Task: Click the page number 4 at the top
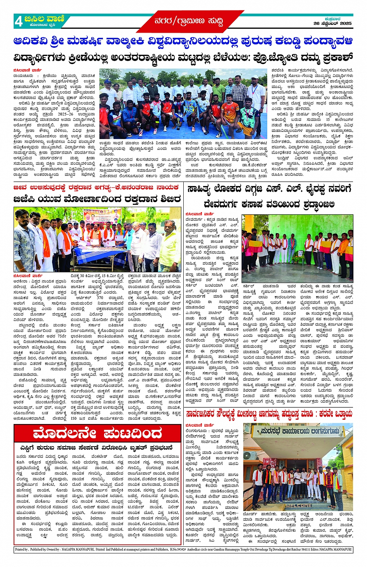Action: tap(19, 21)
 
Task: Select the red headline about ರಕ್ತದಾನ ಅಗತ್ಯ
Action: tap(97, 187)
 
